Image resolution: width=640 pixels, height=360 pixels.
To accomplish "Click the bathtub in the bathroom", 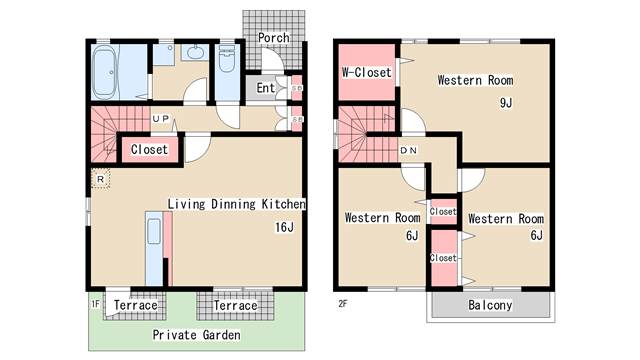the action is click(104, 72).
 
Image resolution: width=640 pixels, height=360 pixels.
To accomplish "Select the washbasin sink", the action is click(196, 53).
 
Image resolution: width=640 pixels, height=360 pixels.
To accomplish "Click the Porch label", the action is click(274, 38).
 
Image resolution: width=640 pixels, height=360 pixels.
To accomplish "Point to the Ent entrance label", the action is click(265, 88).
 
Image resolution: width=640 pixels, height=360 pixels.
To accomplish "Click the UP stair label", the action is click(160, 119).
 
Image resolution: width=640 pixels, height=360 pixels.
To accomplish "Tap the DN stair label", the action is click(409, 151).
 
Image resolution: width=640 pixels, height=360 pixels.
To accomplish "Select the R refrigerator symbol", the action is click(100, 179).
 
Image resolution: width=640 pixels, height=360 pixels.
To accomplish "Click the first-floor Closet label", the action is click(149, 149).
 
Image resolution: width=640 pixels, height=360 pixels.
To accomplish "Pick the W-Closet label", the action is click(367, 73).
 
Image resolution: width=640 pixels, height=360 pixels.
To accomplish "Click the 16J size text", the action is click(284, 227).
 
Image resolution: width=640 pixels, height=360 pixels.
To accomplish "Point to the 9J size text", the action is click(506, 103).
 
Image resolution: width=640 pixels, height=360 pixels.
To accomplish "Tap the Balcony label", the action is click(490, 305).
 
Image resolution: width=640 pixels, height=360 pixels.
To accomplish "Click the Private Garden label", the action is click(196, 335).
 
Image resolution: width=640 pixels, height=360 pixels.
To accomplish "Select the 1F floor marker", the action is click(96, 304).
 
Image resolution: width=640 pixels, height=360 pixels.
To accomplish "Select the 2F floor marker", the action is click(343, 304).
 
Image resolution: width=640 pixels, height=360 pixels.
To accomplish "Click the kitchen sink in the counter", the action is click(154, 231).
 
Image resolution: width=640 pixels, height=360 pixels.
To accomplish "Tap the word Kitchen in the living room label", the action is click(283, 204).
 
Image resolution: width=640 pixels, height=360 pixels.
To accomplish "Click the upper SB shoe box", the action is click(297, 88).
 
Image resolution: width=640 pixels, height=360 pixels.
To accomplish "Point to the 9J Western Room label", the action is click(476, 80).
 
